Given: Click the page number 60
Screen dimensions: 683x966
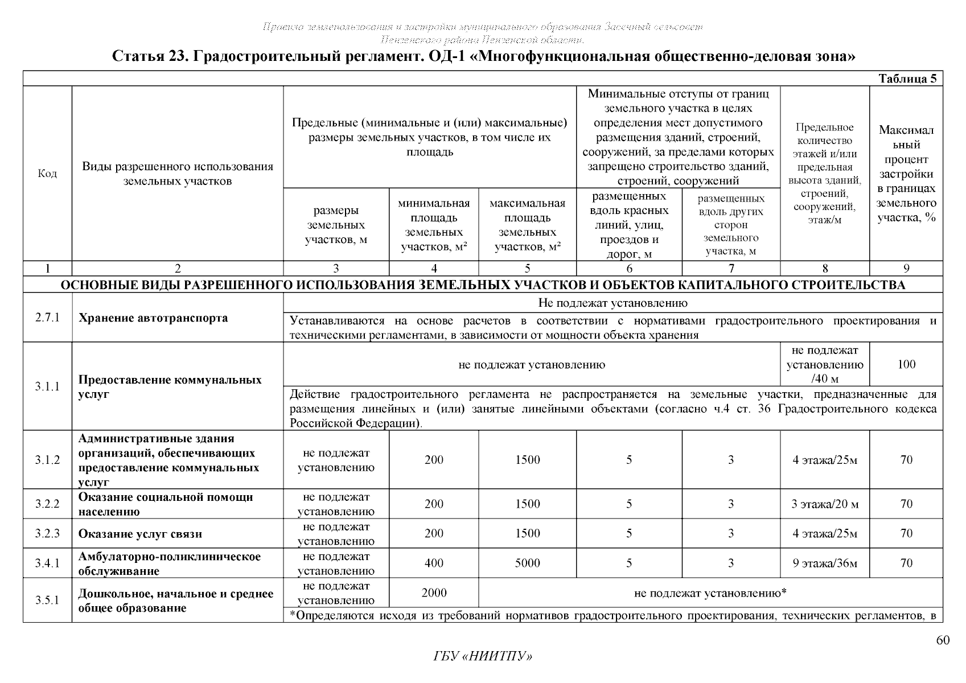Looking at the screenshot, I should [x=943, y=641].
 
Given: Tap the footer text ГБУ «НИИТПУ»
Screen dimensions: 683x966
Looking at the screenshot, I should [x=483, y=657].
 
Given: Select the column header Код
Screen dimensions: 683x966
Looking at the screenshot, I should [x=47, y=174].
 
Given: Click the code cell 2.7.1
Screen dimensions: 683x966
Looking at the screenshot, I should [x=47, y=318].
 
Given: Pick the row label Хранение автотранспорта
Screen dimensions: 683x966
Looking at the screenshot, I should [x=153, y=318].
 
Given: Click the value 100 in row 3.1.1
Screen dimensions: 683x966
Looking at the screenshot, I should [x=906, y=364].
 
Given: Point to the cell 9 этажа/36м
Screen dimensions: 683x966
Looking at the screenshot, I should [x=824, y=563].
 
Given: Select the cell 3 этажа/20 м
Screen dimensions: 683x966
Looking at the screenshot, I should [x=824, y=504].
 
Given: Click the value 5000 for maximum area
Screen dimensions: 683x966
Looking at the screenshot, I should [x=527, y=563].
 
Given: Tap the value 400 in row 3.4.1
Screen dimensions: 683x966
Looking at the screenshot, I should [x=434, y=563].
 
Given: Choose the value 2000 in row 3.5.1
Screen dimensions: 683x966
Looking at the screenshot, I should [x=434, y=593].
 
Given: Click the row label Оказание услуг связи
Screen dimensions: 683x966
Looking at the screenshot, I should [x=140, y=534].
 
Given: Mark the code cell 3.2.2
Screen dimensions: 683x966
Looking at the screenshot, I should [x=47, y=504].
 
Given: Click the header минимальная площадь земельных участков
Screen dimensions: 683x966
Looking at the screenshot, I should [x=434, y=225].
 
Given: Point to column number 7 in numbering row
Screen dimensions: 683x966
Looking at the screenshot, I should [x=731, y=269].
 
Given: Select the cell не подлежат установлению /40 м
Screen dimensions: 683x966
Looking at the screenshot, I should [x=824, y=364].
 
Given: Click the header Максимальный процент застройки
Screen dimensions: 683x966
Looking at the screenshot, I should [x=906, y=174].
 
